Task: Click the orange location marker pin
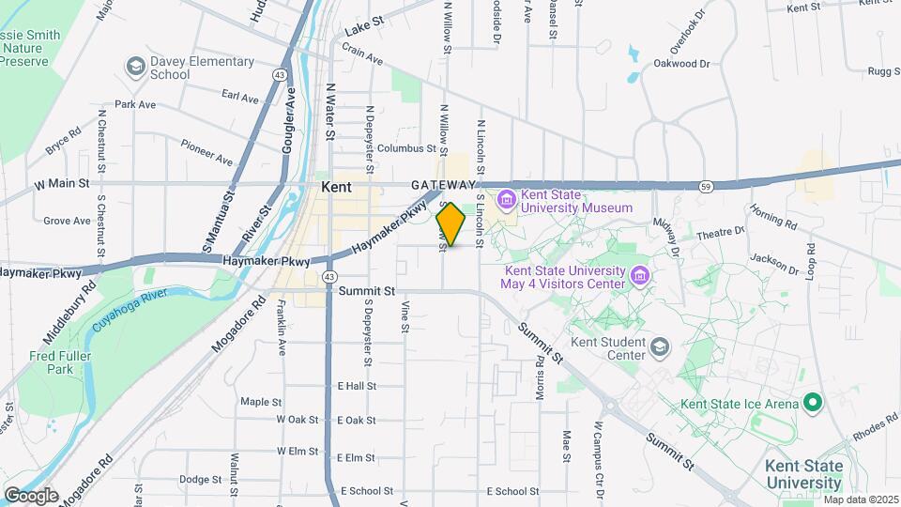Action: (x=451, y=225)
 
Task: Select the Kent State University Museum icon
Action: (x=507, y=199)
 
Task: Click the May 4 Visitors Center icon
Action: (x=641, y=275)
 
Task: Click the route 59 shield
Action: (x=706, y=187)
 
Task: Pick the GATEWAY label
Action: (x=443, y=185)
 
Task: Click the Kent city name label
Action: (x=336, y=187)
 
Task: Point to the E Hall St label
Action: (x=357, y=385)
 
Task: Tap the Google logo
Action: (x=31, y=495)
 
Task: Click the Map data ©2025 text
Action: (x=860, y=499)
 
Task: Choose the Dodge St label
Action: (x=200, y=479)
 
